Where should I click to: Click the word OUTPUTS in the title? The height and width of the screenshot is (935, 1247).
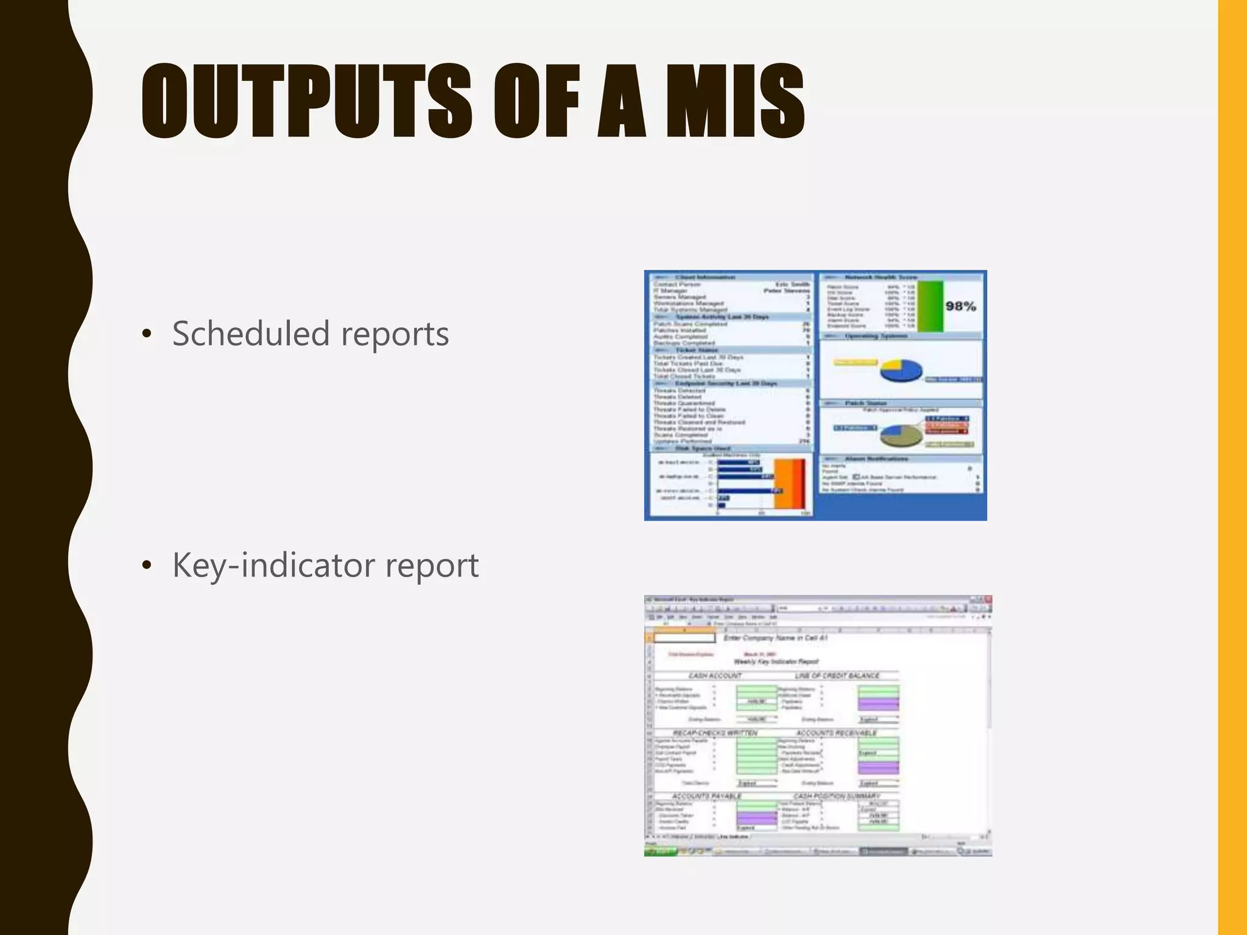[306, 102]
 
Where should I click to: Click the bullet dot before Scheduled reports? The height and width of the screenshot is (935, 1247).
[146, 334]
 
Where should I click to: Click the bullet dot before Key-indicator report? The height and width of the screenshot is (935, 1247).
[146, 566]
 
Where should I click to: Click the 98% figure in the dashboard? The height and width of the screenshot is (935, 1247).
[960, 306]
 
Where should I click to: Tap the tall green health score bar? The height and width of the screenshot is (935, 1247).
[930, 306]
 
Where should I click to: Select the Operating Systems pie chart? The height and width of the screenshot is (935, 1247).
[901, 370]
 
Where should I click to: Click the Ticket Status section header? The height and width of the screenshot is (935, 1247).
[697, 350]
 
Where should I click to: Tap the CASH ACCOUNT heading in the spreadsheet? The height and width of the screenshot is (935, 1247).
[715, 676]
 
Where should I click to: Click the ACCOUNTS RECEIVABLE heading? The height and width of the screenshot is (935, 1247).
[836, 733]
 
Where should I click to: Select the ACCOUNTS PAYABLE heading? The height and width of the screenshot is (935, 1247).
[706, 796]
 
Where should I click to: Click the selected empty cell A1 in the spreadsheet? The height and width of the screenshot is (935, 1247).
[684, 638]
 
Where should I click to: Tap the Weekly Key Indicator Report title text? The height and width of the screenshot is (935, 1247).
[776, 662]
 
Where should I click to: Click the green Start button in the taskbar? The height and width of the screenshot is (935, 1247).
[659, 852]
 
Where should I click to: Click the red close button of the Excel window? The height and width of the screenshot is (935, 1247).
[988, 600]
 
